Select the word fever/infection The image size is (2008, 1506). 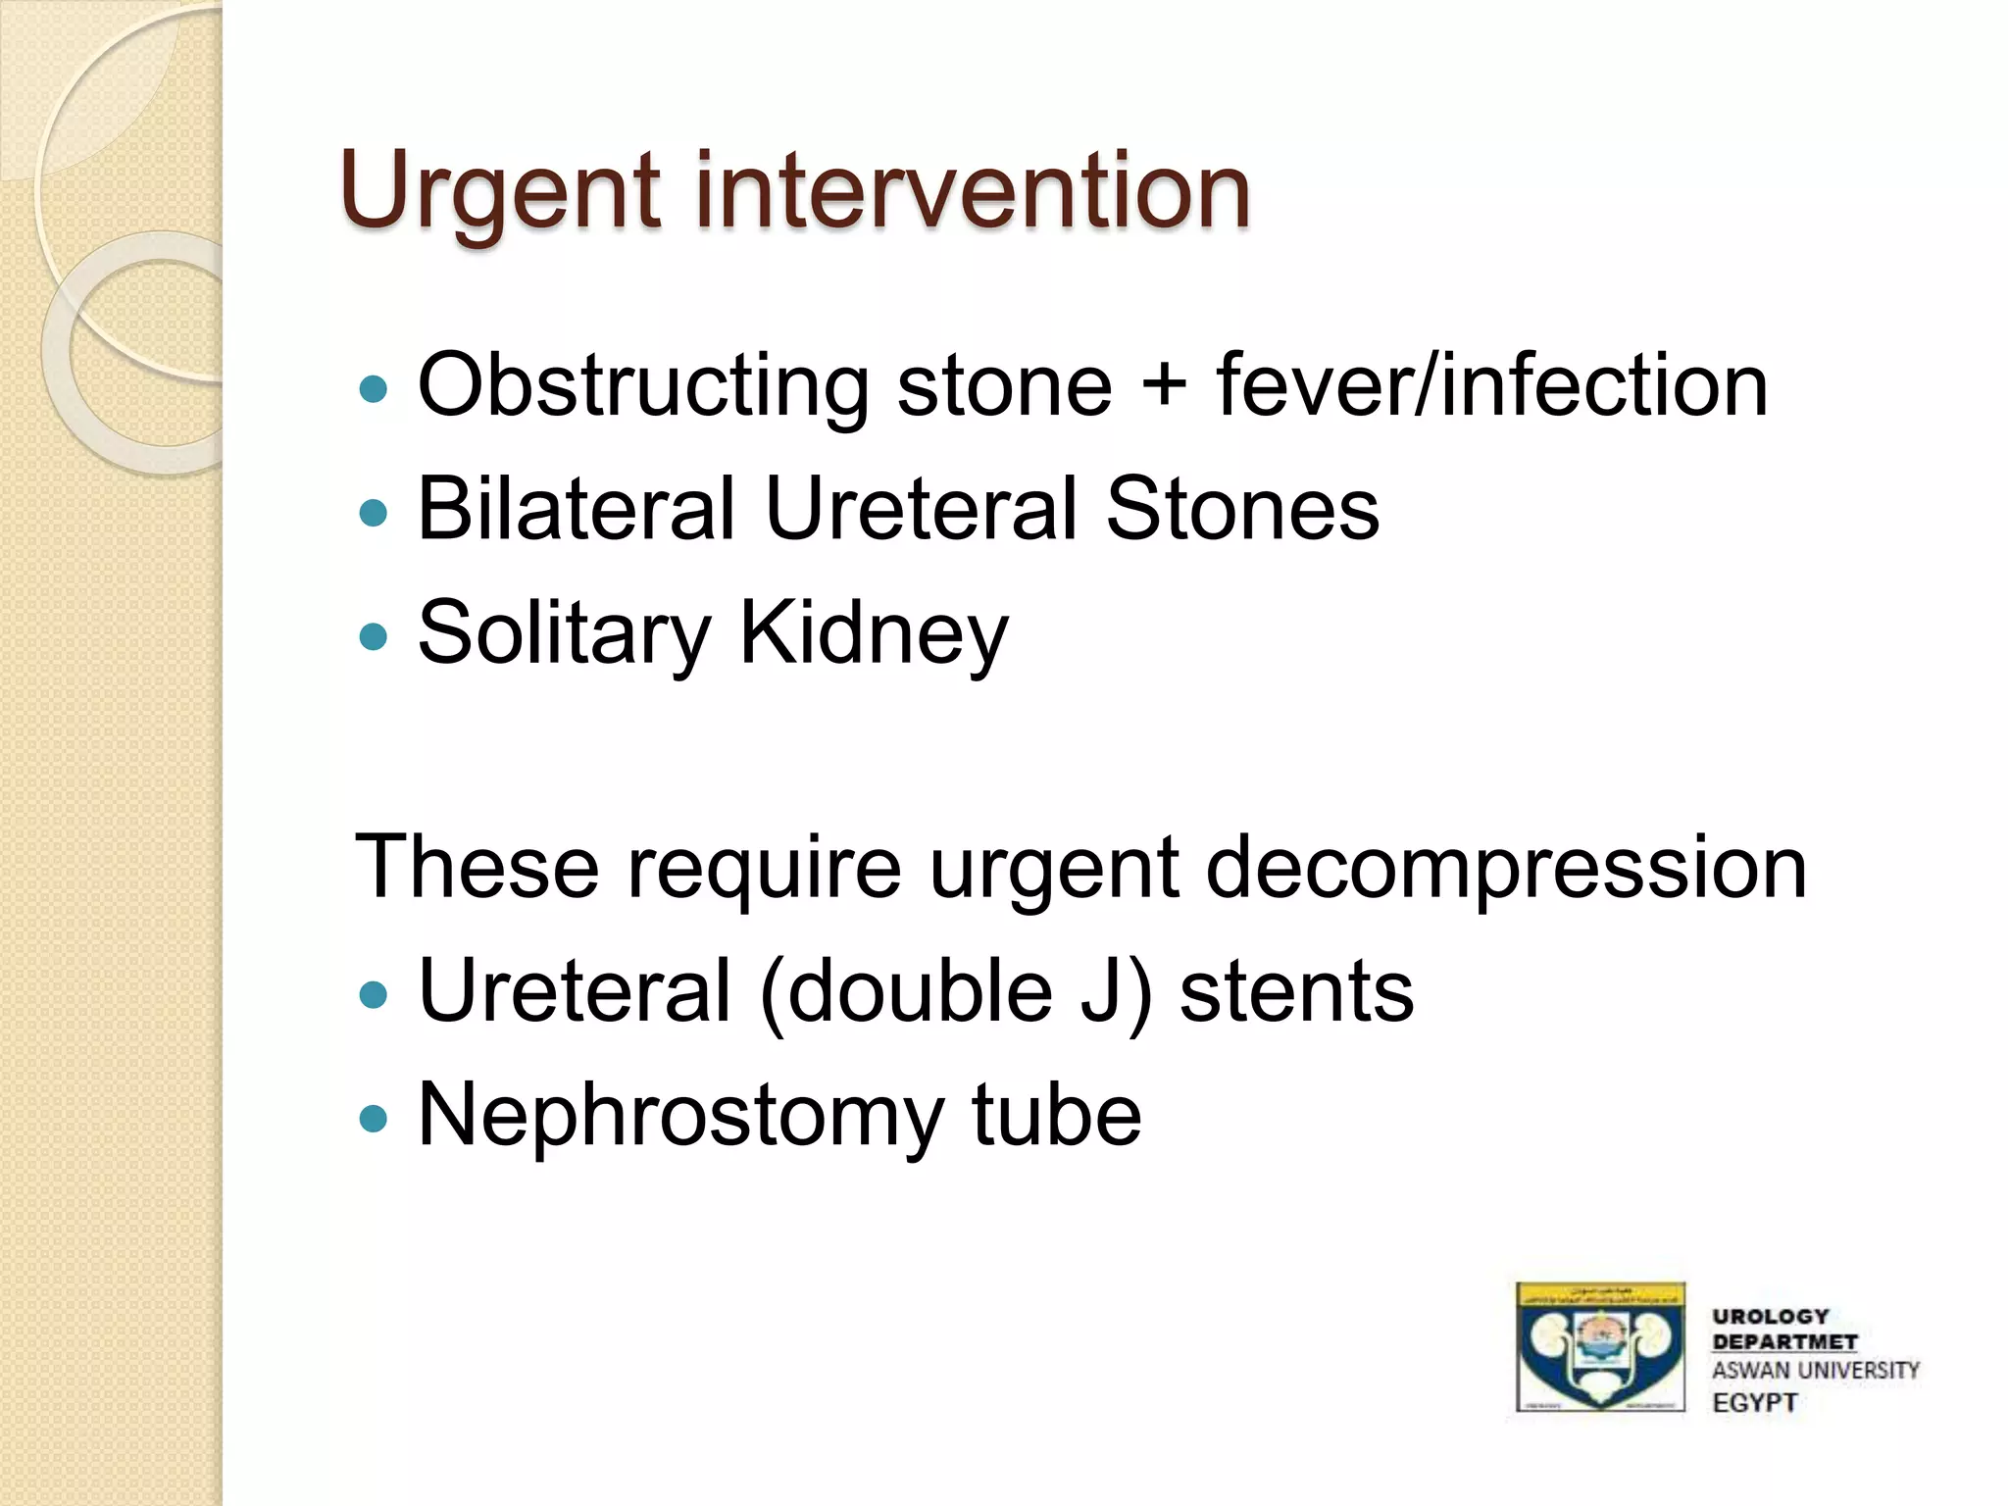click(x=1492, y=385)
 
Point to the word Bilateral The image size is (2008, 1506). click(x=576, y=508)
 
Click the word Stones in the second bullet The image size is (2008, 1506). click(x=1241, y=508)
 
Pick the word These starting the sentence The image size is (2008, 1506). click(x=477, y=867)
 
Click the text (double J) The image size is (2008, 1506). click(x=956, y=992)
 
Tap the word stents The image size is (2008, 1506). click(x=1296, y=992)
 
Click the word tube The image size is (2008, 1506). click(x=1056, y=1116)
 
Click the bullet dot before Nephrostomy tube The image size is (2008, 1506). click(x=374, y=1117)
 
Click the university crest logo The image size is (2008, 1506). click(x=1599, y=1347)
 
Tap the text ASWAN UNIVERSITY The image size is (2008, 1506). click(x=1815, y=1371)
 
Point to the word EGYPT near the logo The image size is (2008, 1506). click(x=1754, y=1403)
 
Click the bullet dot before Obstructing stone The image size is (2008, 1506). click(x=374, y=390)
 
